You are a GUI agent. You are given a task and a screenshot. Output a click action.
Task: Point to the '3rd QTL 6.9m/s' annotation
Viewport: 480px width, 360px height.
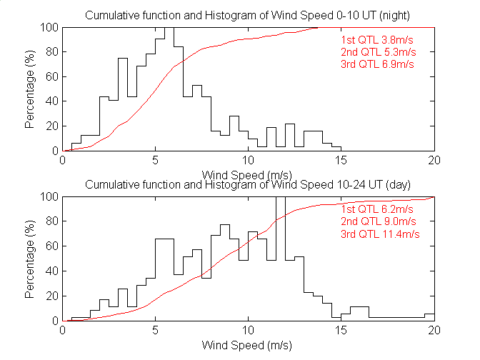(377, 64)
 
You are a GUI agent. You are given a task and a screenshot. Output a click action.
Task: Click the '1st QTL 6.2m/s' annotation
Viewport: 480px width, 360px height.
(377, 209)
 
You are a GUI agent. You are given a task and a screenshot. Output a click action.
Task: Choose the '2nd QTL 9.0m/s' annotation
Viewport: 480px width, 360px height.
(377, 221)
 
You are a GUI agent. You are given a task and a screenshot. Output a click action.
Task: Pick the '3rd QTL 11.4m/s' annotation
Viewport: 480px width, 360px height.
(379, 234)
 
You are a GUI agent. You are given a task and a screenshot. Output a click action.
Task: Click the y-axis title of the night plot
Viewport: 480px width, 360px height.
(30, 89)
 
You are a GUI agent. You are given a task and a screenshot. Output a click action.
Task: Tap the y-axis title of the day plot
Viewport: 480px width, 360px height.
(30, 259)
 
